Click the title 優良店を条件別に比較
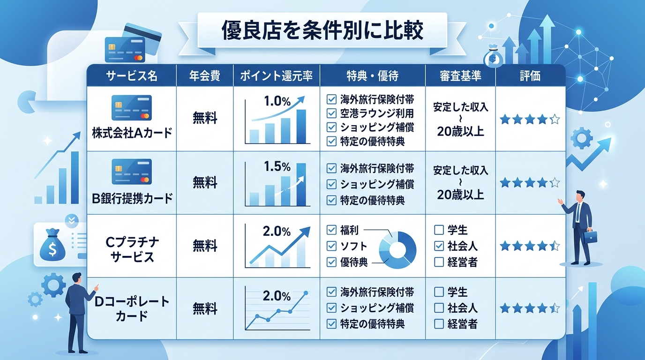[322, 30]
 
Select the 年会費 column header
[205, 76]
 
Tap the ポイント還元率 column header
[277, 76]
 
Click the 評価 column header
[530, 76]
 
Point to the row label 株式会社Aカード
[132, 133]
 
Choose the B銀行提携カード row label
[132, 198]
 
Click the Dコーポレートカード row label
[132, 308]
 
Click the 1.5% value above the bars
[277, 166]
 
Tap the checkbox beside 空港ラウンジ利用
[331, 113]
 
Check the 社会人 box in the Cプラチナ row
[439, 246]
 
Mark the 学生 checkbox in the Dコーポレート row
[439, 292]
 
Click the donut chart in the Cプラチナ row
[397, 250]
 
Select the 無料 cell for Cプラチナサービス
[205, 245]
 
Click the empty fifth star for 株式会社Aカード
[555, 120]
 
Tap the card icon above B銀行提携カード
[132, 172]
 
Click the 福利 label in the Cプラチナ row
[350, 230]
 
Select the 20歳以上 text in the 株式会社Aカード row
[460, 132]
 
